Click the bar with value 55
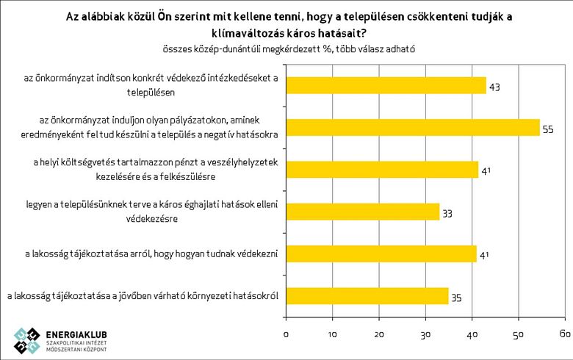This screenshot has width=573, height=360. pyautogui.click(x=412, y=127)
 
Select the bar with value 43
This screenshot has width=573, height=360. pyautogui.click(x=385, y=85)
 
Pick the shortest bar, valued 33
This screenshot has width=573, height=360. pyautogui.click(x=361, y=212)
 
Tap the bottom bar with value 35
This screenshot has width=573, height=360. pyautogui.click(x=367, y=296)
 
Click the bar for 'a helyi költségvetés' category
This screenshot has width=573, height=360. pyautogui.click(x=381, y=170)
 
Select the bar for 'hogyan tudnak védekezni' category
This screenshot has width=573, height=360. pyautogui.click(x=381, y=254)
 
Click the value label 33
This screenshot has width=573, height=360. pyautogui.click(x=447, y=213)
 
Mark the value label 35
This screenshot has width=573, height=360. pyautogui.click(x=456, y=297)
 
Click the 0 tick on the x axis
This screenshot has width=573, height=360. pyautogui.click(x=286, y=334)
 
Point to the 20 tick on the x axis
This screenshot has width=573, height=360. pyautogui.click(x=379, y=334)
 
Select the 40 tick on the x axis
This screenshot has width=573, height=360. pyautogui.click(x=472, y=334)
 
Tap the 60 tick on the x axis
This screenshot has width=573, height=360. pyautogui.click(x=564, y=334)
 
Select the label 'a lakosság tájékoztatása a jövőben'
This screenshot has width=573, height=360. pyautogui.click(x=144, y=296)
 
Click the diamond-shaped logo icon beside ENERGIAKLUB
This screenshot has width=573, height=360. pyautogui.click(x=26, y=339)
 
